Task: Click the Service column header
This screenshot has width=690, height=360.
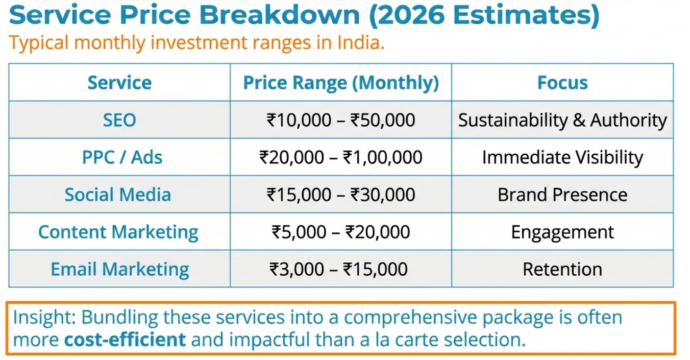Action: (x=119, y=83)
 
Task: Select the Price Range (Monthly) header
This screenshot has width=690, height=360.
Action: (x=341, y=83)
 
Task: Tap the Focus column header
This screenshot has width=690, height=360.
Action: (x=562, y=83)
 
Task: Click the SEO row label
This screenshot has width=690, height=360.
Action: (x=119, y=120)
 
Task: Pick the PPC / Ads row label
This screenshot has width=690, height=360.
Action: (x=122, y=157)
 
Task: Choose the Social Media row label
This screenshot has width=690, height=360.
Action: (x=118, y=195)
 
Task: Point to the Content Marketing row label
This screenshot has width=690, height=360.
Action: (x=118, y=232)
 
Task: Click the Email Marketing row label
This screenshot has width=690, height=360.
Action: (x=120, y=269)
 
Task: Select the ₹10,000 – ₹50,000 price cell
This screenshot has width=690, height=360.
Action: (x=341, y=120)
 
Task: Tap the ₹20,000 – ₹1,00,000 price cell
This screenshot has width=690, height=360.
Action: (x=341, y=157)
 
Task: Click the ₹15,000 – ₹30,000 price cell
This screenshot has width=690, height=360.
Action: (x=341, y=195)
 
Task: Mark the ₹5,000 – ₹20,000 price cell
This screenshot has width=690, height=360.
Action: (x=341, y=232)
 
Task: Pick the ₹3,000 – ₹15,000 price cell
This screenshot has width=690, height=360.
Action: (x=339, y=269)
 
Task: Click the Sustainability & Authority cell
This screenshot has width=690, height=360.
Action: (x=562, y=120)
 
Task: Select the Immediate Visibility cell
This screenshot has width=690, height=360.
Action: (x=562, y=157)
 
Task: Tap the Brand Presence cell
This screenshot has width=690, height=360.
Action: (x=562, y=195)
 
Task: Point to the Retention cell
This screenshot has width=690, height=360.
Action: (x=562, y=269)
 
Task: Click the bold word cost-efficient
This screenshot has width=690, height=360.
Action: (x=125, y=340)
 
